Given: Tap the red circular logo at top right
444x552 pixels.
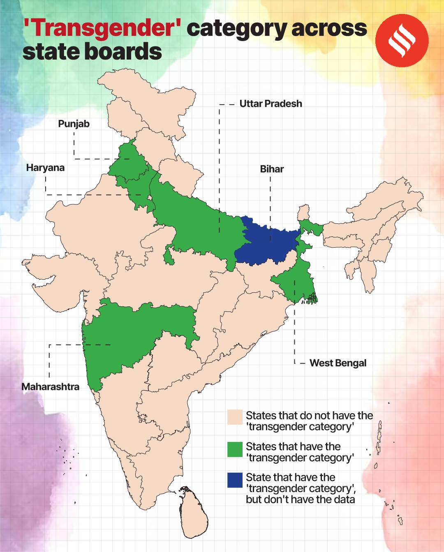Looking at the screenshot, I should [402, 41].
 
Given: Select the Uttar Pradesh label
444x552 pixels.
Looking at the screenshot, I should [271, 104].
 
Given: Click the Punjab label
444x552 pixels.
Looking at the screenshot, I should [74, 124].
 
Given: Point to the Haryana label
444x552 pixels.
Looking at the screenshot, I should [45, 168].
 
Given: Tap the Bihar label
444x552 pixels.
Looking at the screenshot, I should [272, 169].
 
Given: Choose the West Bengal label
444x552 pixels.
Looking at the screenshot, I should [338, 363].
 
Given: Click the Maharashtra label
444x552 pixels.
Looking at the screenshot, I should [50, 387].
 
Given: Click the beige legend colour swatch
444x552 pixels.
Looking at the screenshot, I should [235, 417].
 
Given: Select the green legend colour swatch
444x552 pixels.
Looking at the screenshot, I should [235, 449].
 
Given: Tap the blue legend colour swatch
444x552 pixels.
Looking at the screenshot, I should [235, 480].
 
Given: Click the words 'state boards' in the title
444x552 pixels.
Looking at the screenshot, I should [92, 52].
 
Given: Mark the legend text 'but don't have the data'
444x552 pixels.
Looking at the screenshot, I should [300, 500].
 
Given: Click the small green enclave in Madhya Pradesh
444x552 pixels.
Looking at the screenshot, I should [168, 255].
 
